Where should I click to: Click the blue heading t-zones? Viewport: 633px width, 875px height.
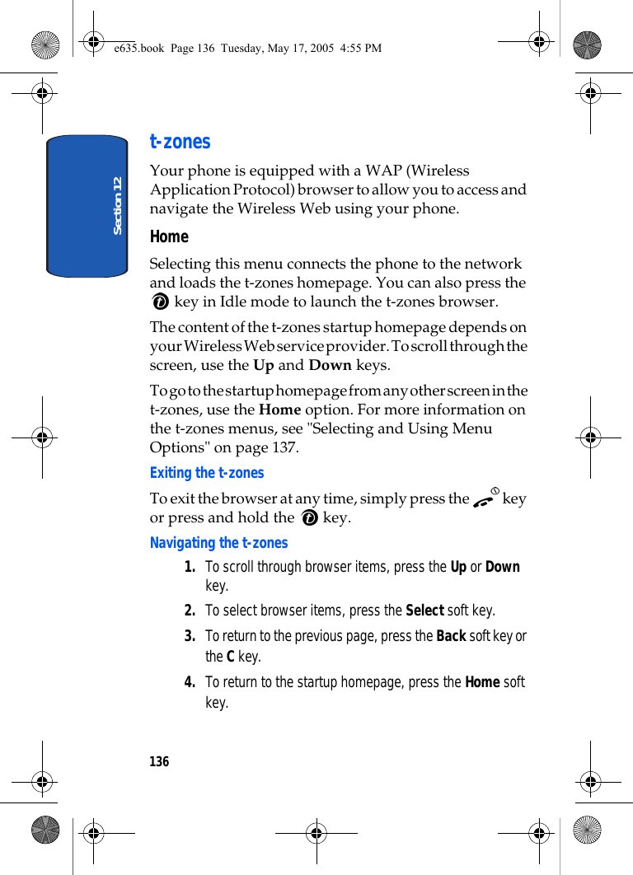pos(180,142)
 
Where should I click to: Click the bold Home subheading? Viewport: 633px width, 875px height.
pos(169,236)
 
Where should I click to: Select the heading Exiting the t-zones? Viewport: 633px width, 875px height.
pos(207,473)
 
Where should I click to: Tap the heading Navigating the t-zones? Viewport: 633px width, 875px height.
pos(218,543)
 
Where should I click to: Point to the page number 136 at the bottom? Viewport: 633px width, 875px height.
pos(159,762)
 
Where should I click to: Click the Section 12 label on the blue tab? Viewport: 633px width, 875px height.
pos(117,205)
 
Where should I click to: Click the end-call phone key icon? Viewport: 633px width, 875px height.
pos(485,498)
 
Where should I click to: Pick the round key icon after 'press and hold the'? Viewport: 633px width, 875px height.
pos(310,518)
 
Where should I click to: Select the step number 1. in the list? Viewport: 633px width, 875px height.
pos(190,567)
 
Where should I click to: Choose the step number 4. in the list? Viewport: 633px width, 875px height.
pos(190,682)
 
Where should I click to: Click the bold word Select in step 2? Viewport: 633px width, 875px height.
pos(424,611)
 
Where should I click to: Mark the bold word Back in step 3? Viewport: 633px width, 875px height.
pos(451,636)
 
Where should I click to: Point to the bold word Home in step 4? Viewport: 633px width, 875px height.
pos(482,682)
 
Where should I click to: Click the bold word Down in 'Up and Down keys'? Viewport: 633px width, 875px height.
pos(330,365)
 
